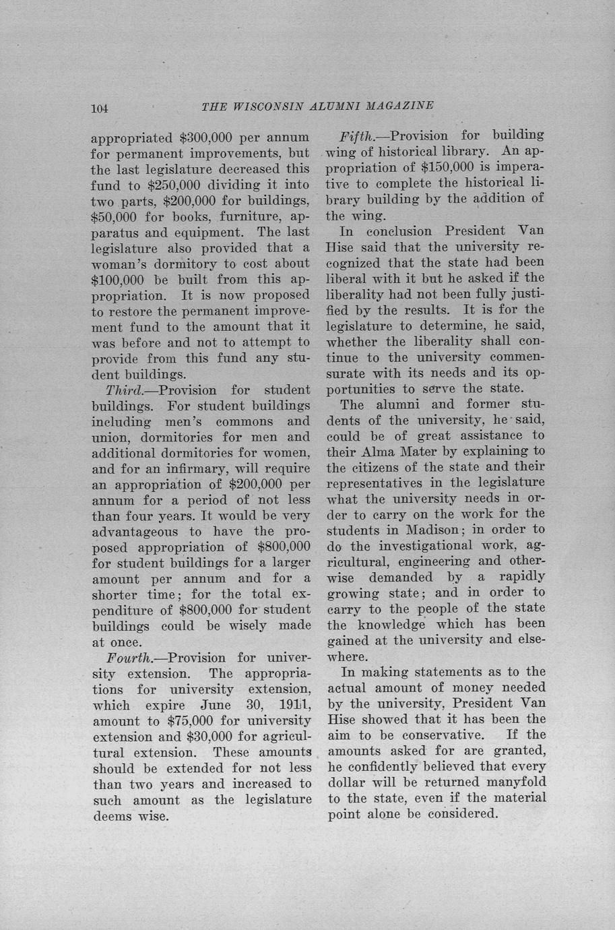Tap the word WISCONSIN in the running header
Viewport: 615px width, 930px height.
269,106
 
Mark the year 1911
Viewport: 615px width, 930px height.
293,706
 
